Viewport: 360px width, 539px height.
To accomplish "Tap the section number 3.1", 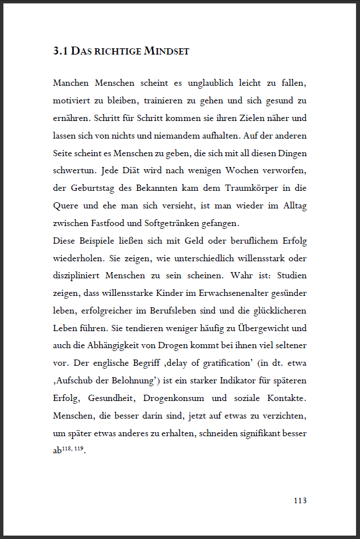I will [60, 51].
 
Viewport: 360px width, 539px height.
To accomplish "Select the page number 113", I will [300, 500].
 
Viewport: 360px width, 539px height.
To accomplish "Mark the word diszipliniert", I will [78, 275].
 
